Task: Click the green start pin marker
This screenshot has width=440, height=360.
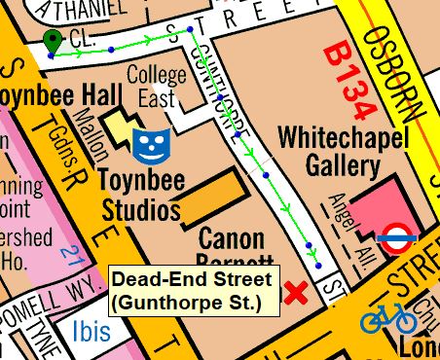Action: (51, 41)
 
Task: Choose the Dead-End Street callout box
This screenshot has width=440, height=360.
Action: (197, 290)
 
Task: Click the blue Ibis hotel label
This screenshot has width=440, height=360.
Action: (91, 332)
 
